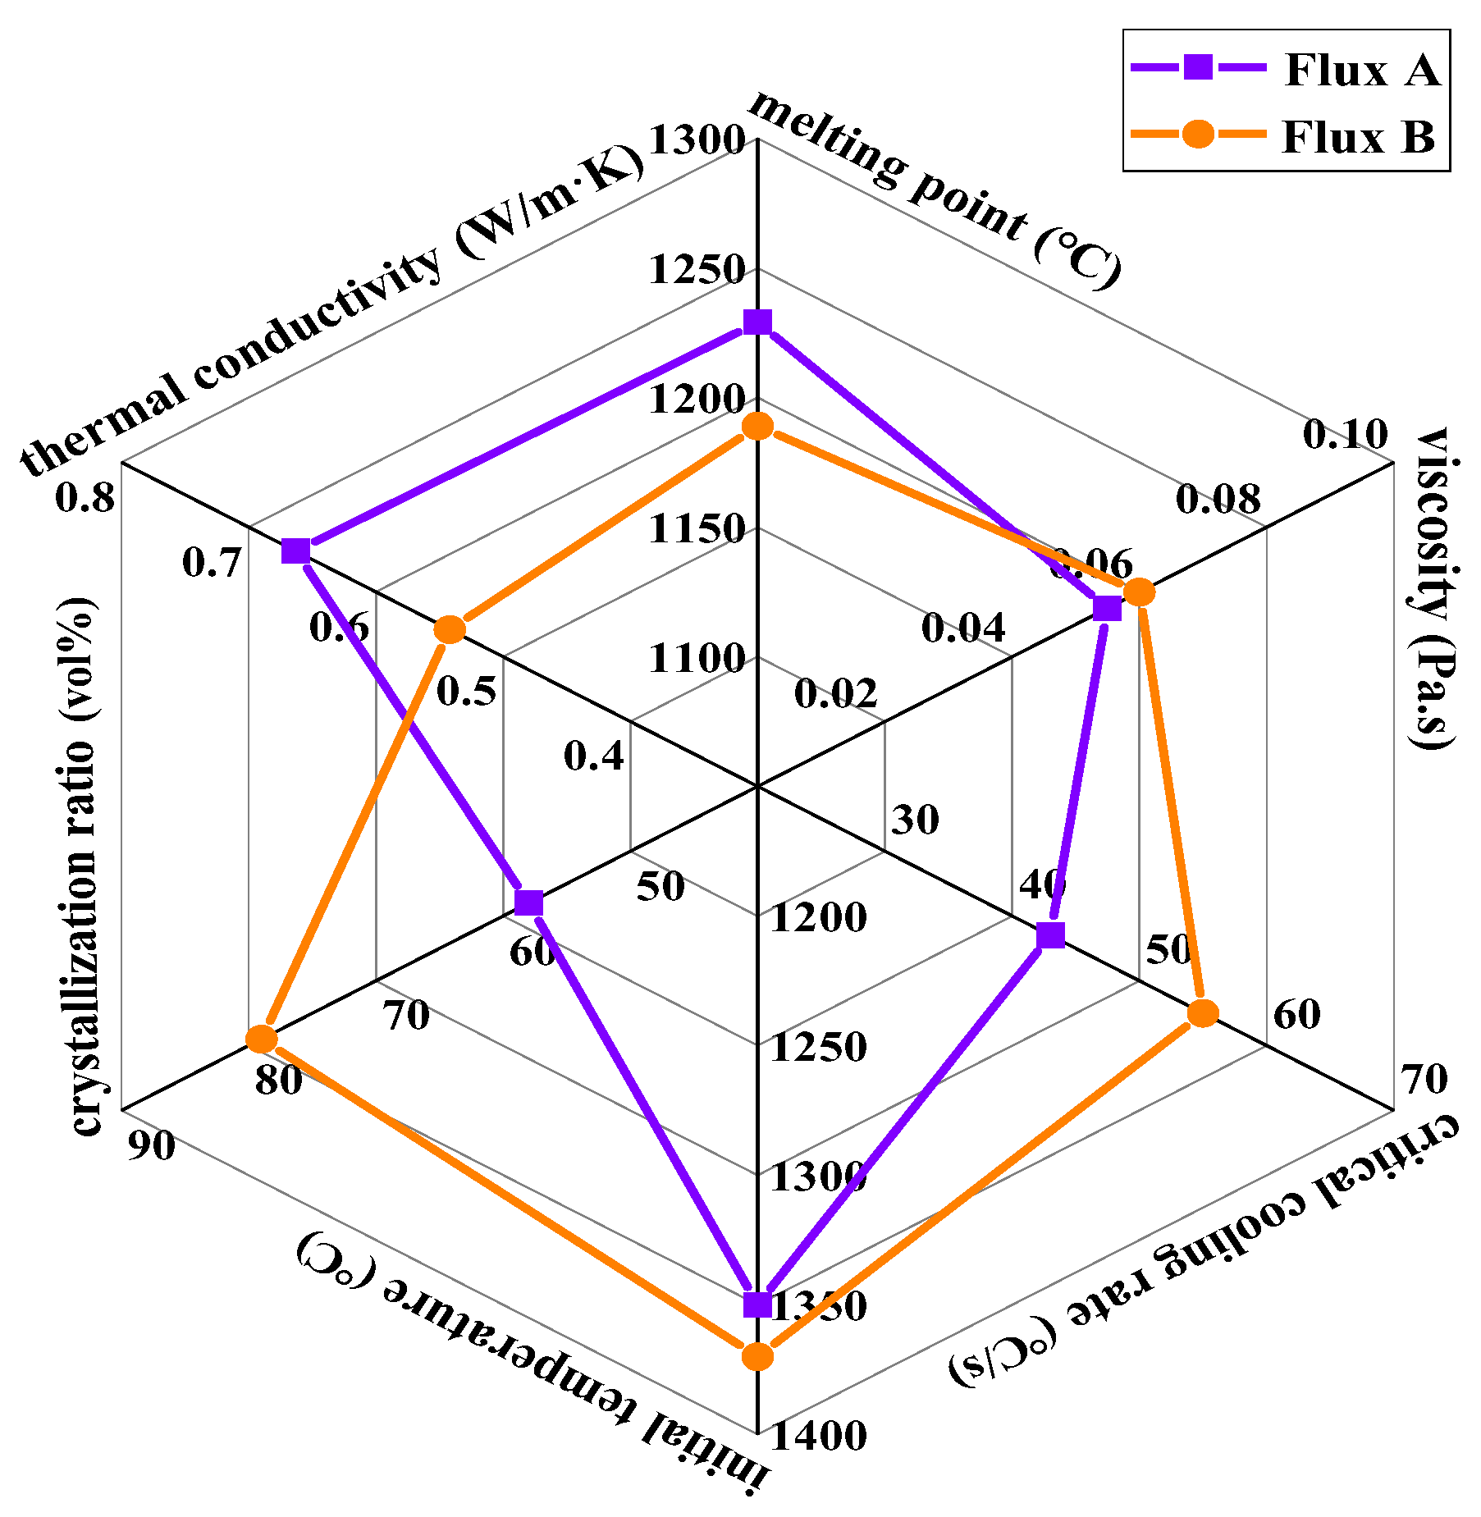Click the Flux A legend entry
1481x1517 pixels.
coord(1284,69)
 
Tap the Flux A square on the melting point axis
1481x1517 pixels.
coord(756,322)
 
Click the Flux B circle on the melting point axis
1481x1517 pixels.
coord(756,426)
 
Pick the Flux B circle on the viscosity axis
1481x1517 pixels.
coord(1138,592)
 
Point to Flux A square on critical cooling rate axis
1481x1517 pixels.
coord(1050,934)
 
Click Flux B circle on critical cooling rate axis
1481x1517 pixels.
coord(1203,1012)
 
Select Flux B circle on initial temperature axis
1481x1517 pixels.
coord(756,1356)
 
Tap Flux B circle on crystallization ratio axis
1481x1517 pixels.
coord(262,1039)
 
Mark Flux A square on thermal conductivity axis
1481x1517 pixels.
coord(295,551)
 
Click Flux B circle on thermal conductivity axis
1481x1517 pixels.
coord(449,629)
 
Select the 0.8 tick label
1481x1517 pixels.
coord(85,497)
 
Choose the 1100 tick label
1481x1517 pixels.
coord(697,658)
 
